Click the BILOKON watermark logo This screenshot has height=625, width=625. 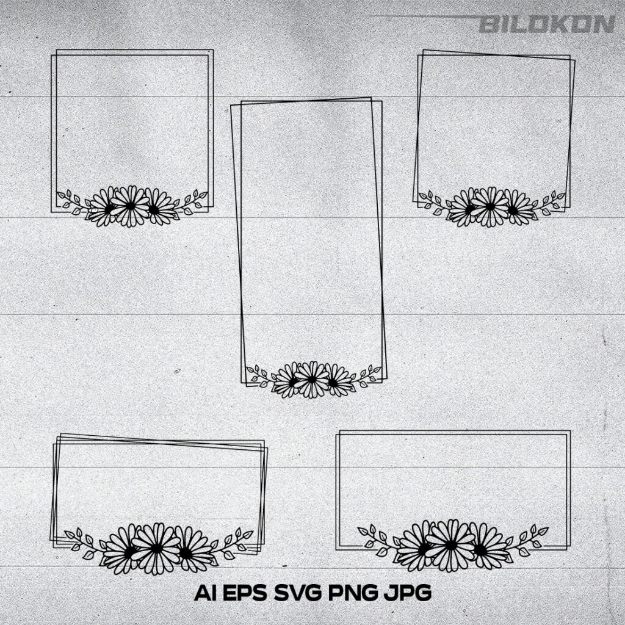pos(547,24)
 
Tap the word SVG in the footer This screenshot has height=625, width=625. pos(298,593)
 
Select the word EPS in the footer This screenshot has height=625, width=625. pos(245,593)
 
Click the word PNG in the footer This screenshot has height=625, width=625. pos(353,593)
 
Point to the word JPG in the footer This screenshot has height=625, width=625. pos(407,593)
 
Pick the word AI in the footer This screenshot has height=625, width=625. pos(205,593)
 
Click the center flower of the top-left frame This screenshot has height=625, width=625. pos(131,206)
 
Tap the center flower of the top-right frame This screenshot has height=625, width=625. pos(490,206)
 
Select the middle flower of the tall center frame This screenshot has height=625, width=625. pos(312,379)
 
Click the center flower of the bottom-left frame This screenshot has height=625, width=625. pos(156,549)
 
